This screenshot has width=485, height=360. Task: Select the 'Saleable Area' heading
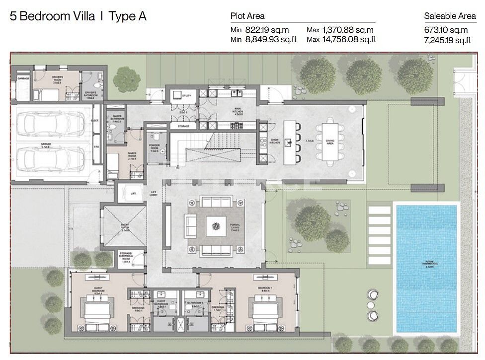[450, 16]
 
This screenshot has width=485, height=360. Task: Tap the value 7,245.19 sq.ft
[448, 40]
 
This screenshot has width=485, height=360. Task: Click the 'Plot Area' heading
[247, 16]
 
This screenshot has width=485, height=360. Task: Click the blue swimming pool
[427, 268]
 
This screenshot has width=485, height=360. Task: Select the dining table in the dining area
[330, 142]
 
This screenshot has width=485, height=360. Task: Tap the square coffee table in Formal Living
[216, 226]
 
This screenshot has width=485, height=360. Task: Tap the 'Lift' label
[133, 194]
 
